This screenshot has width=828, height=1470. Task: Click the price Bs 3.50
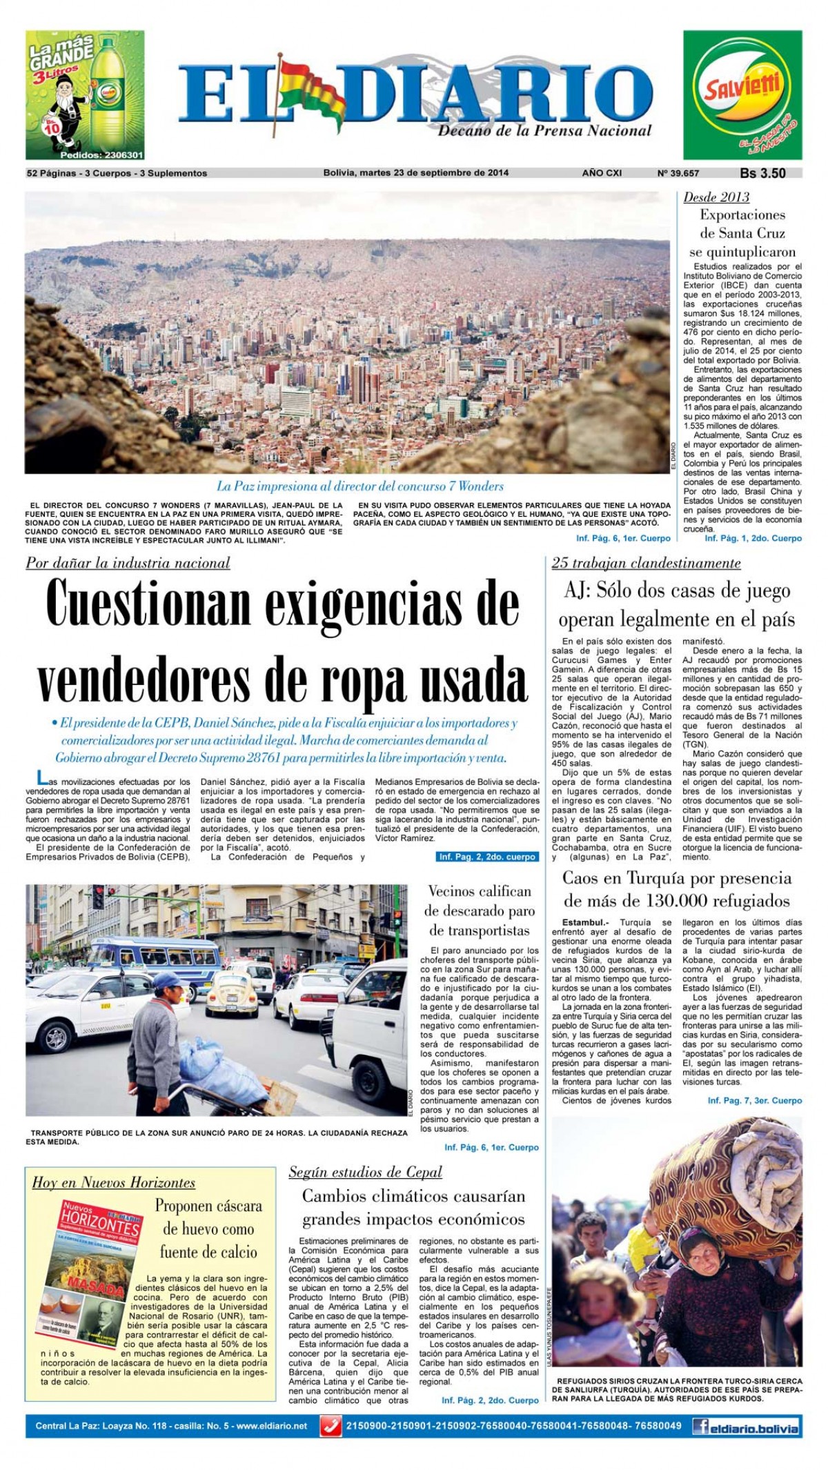click(762, 173)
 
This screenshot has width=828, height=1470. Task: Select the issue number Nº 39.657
click(678, 173)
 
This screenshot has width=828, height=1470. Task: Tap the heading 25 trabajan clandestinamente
click(646, 563)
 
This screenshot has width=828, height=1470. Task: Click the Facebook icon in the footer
click(700, 1425)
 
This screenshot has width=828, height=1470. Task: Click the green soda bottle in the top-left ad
click(110, 93)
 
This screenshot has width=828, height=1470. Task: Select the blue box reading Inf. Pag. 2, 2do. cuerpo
click(487, 857)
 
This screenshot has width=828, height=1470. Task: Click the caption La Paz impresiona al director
click(360, 486)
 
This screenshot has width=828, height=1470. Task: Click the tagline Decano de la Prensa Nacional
click(545, 130)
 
